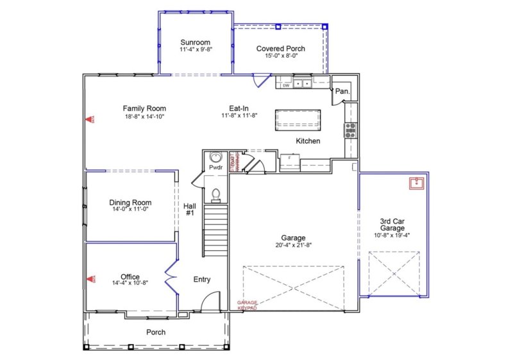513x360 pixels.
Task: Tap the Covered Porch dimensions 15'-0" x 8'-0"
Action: (281, 56)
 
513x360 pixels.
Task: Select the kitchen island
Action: (298, 120)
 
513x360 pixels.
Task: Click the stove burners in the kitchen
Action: (351, 130)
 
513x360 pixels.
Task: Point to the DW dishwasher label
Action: (286, 84)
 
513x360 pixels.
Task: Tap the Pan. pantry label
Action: (342, 92)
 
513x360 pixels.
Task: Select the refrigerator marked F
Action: (290, 162)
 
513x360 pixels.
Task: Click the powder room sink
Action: (215, 157)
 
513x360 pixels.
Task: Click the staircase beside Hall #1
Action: (216, 230)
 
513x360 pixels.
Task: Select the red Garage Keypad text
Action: (247, 305)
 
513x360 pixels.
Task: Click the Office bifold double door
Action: (170, 277)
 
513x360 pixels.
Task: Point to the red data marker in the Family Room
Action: (91, 119)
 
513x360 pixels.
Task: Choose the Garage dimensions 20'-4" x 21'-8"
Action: (293, 245)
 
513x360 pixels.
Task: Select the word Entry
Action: (202, 280)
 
